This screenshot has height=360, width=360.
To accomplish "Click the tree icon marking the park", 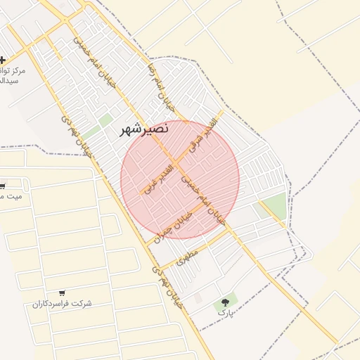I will [226, 301].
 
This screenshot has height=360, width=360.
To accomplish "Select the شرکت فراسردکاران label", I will [62, 303].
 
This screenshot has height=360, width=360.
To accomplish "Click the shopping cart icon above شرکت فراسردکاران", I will [63, 292].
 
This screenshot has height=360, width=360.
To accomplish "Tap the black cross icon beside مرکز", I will [4, 60].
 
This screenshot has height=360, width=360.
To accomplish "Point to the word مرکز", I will [13, 72].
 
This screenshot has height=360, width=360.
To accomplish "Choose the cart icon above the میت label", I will [2, 186].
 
